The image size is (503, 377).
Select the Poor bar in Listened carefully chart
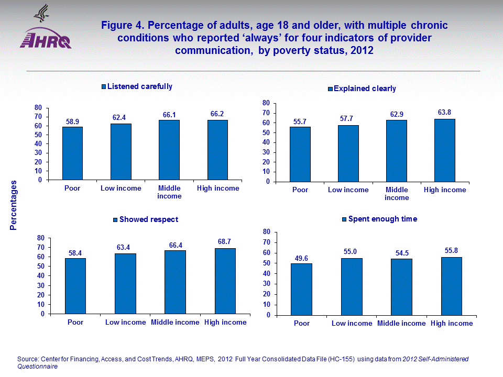click(72, 153)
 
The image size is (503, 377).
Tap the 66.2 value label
click(217, 113)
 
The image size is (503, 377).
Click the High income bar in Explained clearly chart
click(444, 150)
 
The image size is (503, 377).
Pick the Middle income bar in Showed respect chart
click(175, 282)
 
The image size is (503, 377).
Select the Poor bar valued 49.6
click(301, 290)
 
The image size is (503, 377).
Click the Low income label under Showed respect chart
click(125, 322)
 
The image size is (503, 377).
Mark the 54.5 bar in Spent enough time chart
click(401, 287)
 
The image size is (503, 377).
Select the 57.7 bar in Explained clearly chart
click(348, 153)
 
